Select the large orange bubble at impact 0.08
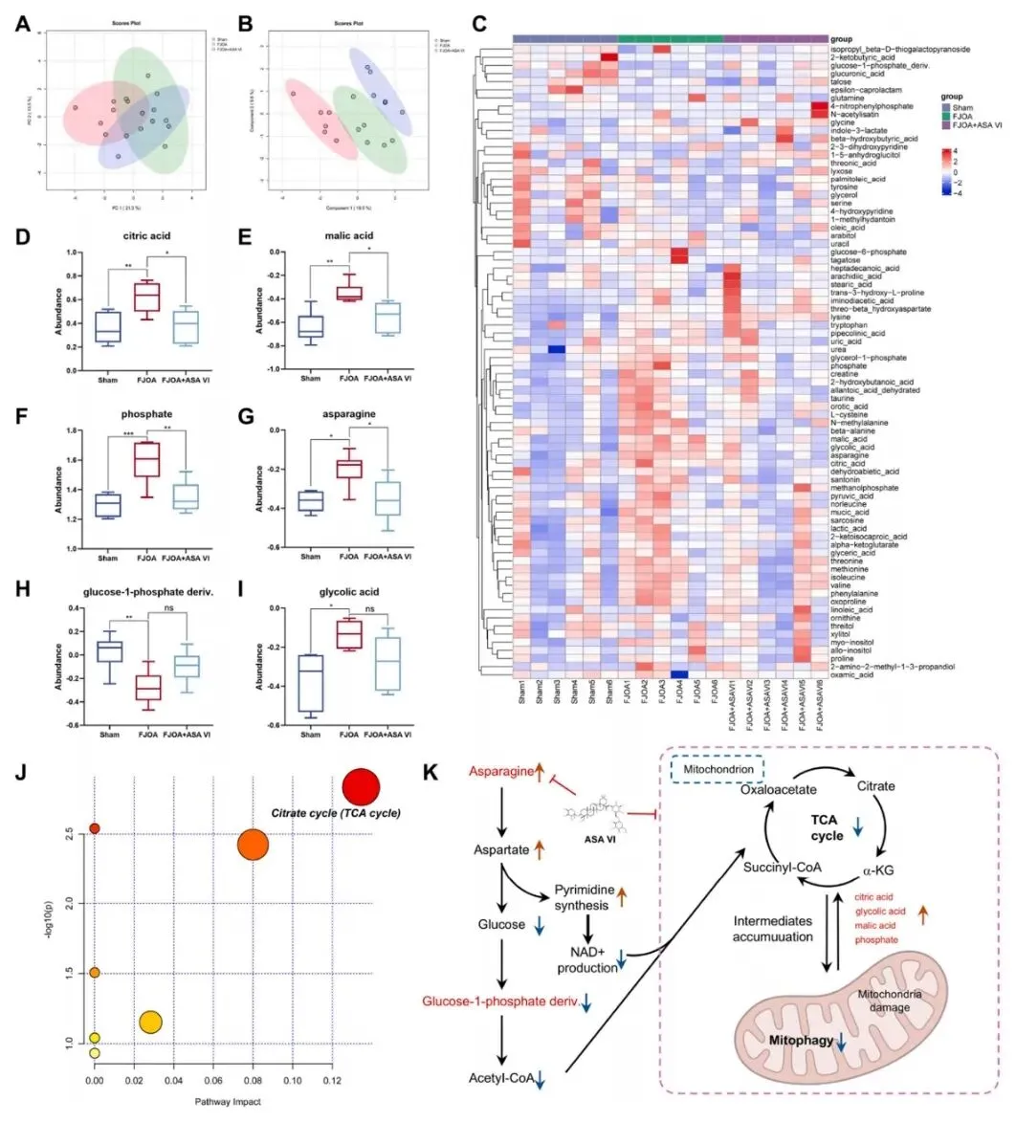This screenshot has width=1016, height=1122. [x=252, y=845]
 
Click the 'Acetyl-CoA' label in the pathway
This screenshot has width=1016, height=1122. [x=504, y=1080]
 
